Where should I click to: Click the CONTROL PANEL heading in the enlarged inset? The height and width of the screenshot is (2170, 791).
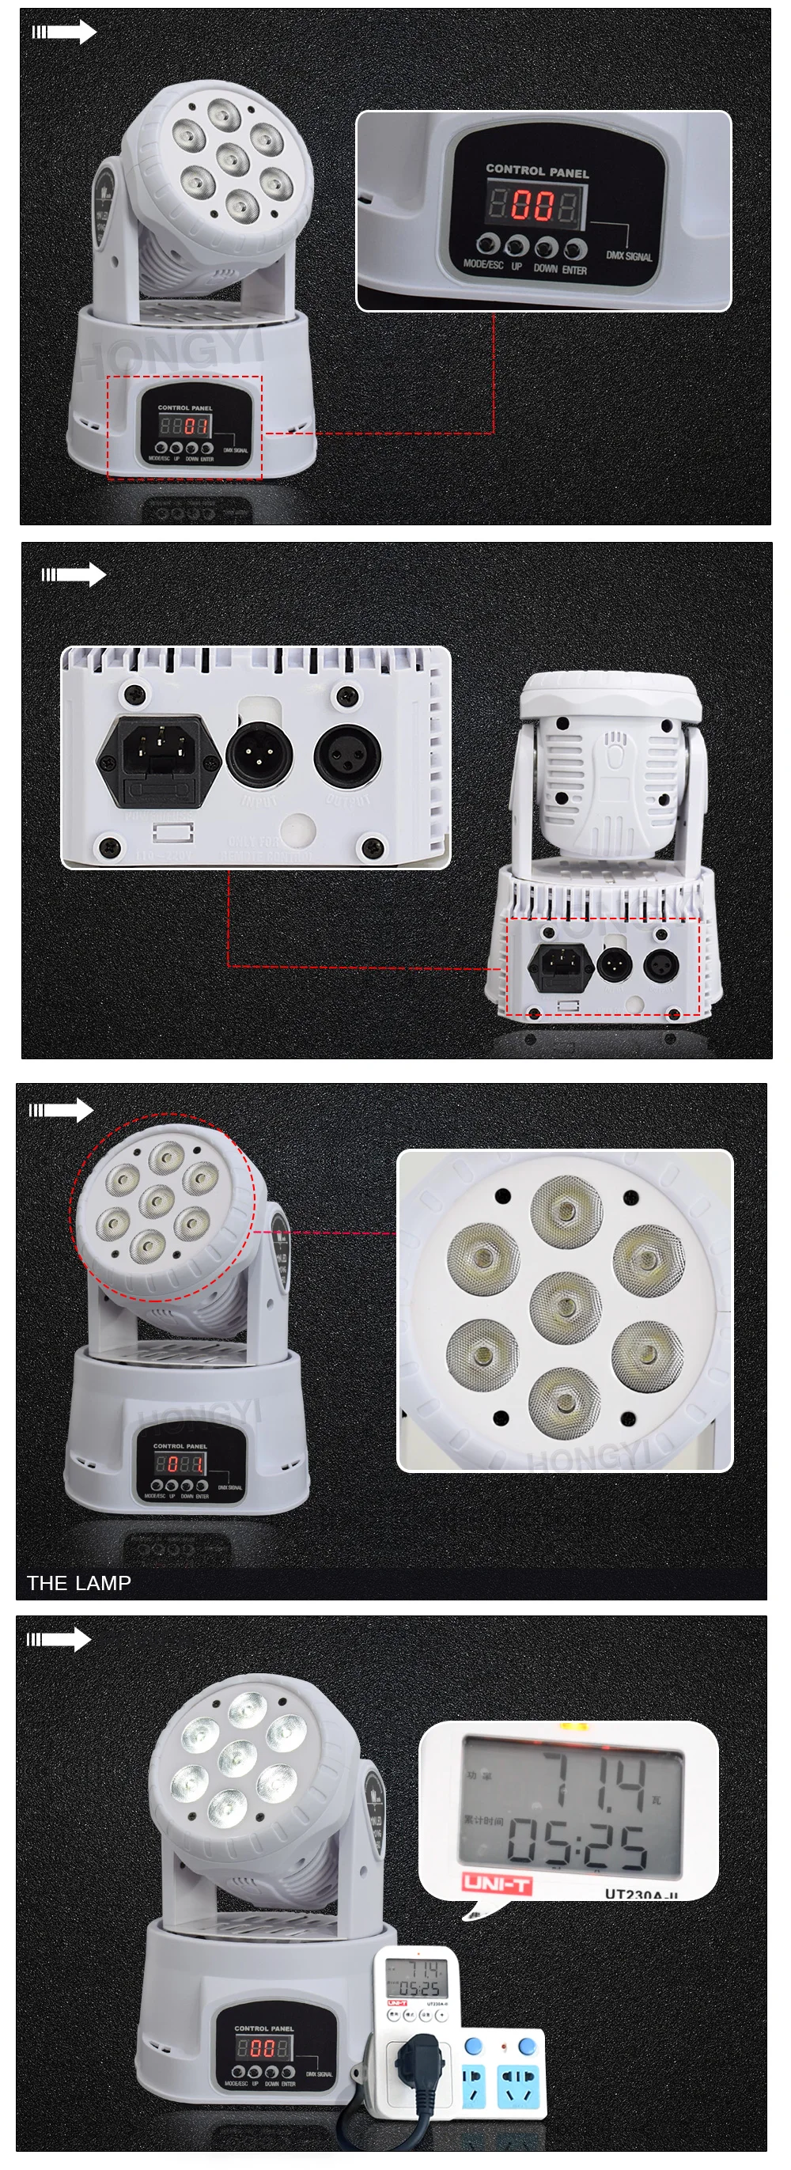pos(536,170)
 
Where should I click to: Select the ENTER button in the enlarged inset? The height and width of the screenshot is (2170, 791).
pos(575,248)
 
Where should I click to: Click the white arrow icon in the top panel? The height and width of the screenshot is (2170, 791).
pos(64,32)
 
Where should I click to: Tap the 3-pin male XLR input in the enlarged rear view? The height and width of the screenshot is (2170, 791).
pos(259,753)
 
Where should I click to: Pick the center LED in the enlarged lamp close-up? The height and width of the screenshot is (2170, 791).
pos(566,1307)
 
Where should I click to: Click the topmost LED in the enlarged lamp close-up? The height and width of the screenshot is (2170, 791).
pos(566,1211)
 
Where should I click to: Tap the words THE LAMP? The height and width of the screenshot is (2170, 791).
pos(78,1583)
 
